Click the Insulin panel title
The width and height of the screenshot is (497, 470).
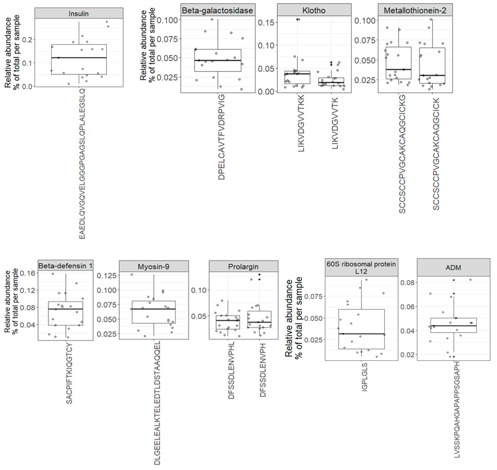79,14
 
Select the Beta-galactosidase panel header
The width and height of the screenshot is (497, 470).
217,11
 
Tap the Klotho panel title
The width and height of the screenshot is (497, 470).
314,11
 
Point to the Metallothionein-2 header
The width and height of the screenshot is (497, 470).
415,11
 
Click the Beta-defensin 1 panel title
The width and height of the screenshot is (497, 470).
66,266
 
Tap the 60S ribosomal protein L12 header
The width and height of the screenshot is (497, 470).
361,268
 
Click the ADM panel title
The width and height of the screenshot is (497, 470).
453,268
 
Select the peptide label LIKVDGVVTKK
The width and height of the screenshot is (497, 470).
301,123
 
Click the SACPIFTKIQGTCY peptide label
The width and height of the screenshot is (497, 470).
69,373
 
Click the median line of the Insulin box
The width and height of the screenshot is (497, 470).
79,58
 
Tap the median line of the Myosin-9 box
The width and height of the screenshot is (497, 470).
154,309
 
